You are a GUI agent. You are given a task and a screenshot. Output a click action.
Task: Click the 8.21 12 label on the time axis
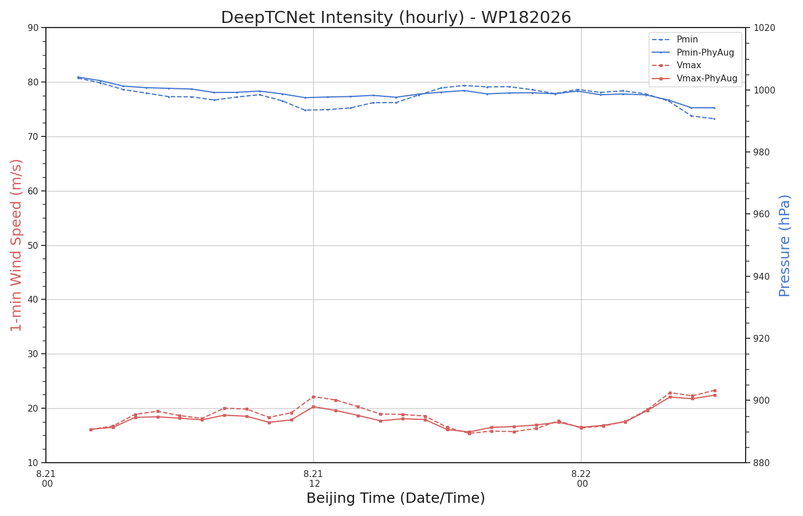tap(313, 479)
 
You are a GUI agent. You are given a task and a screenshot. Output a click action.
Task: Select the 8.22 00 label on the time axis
tap(581, 479)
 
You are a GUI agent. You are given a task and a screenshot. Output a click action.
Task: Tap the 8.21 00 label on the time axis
tap(46, 479)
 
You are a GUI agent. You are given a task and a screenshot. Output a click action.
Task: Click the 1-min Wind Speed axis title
tap(16, 245)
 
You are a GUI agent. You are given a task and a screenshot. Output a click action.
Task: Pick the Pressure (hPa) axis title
tap(785, 246)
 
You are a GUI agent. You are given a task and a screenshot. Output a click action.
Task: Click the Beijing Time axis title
tap(396, 498)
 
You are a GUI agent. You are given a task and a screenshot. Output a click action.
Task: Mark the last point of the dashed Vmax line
tap(715, 390)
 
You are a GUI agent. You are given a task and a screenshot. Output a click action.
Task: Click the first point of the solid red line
tap(91, 429)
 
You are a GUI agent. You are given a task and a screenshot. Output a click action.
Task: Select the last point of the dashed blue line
tap(715, 119)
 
